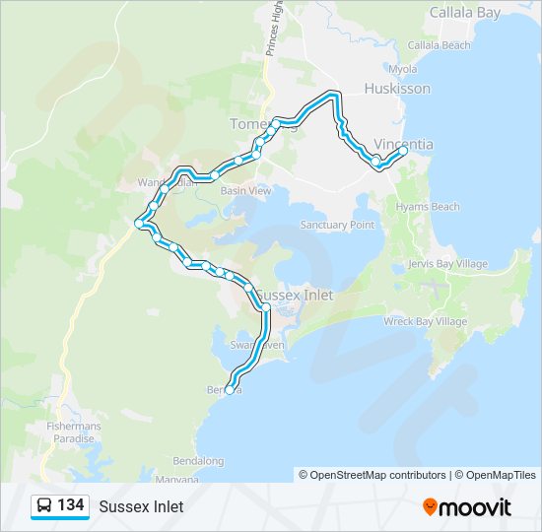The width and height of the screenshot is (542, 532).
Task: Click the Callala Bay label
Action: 465,13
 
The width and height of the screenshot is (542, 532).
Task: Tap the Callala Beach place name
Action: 440,45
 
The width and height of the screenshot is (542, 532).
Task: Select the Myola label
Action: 402,69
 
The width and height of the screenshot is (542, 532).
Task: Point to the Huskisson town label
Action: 397,89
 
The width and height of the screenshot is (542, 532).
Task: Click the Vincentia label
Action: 404,144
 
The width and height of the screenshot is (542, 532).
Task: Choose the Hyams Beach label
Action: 428,207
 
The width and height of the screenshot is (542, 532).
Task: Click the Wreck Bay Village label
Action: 425,321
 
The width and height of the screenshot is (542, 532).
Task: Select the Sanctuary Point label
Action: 338,225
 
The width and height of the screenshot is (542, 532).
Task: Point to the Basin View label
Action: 245,190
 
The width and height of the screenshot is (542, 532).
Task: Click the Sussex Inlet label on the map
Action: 295,295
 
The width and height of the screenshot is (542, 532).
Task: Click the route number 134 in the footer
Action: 70,505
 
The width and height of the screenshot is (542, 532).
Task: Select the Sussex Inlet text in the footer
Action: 141,506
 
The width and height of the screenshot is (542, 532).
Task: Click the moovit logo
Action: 467,506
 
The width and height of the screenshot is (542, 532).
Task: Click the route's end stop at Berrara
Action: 230,390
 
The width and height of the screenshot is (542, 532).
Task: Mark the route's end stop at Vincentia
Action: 404,151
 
